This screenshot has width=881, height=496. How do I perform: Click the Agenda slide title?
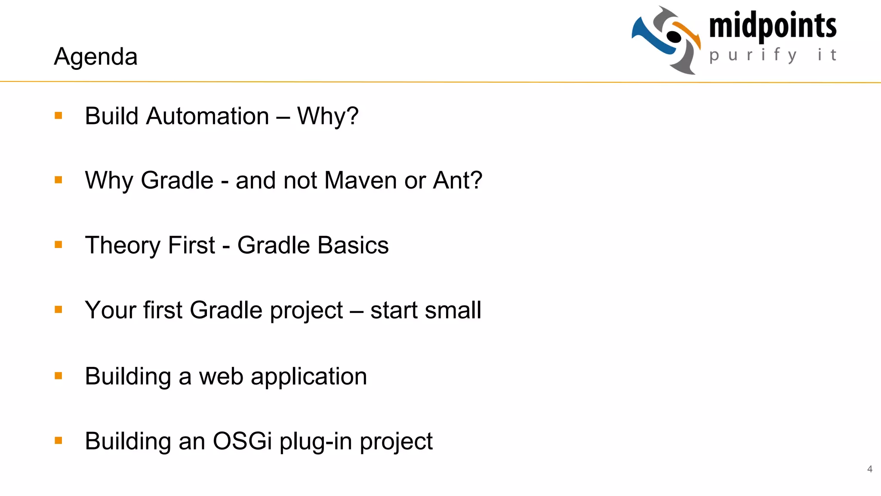point(95,57)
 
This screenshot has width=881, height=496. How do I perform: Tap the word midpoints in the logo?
point(773,26)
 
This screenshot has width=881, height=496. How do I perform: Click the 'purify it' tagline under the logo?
point(773,55)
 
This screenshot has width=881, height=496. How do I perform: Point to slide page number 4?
point(869,469)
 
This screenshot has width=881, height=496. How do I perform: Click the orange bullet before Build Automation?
point(59,115)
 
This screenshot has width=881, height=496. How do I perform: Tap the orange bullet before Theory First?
point(59,245)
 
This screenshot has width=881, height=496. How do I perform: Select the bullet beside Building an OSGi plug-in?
point(59,440)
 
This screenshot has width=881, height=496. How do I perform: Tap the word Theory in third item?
point(123,245)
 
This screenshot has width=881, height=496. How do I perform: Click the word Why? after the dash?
point(327,116)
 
